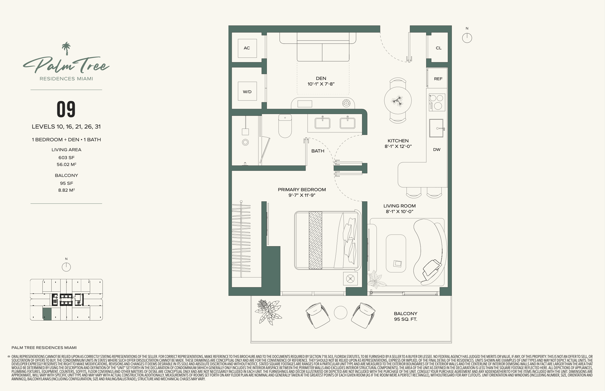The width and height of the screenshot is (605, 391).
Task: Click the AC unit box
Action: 247,48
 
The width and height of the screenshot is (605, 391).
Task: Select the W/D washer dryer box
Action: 247,91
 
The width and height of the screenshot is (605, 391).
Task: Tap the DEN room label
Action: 321,78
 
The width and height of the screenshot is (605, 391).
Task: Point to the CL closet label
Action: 438,48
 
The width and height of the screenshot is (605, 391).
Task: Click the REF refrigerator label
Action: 438,79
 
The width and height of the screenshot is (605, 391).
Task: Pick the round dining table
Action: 398,101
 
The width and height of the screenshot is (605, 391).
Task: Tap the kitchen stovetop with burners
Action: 437,102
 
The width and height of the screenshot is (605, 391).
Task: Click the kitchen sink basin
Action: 436,128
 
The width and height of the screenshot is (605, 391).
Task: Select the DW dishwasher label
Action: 437,150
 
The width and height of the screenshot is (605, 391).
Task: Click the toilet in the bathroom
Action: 285,126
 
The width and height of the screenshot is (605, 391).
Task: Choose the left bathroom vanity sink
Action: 322,123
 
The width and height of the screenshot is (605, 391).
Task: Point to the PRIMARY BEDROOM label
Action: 302,190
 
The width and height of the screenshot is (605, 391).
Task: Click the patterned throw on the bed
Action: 315,240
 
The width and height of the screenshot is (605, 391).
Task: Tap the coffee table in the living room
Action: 396,254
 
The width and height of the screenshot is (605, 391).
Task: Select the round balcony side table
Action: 340,312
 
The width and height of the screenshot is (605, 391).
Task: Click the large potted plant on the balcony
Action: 268,312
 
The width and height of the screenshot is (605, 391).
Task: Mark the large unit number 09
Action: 66,109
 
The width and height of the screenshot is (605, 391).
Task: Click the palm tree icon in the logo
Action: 66,49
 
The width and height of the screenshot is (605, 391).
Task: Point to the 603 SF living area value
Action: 66,158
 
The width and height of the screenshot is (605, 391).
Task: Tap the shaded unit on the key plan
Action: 47,314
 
